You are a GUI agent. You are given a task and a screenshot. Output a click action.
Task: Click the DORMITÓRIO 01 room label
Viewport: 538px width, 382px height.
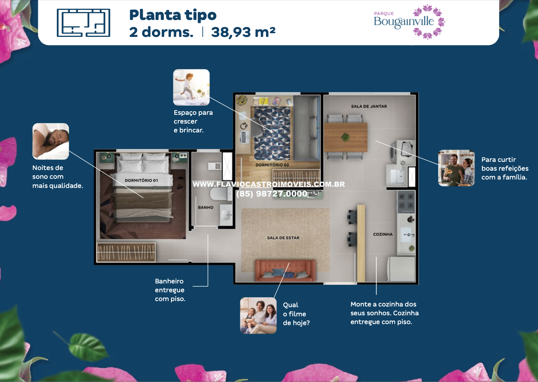(x=141, y=180)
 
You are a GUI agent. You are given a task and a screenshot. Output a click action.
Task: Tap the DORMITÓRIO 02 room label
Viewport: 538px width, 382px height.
(x=272, y=165)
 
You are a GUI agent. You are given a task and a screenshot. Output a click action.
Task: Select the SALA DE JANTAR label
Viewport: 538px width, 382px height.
(x=369, y=106)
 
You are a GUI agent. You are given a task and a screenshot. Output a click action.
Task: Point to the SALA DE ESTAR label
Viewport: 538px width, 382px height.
(x=283, y=238)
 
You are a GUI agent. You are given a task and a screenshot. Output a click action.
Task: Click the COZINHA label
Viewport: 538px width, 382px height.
(x=383, y=234)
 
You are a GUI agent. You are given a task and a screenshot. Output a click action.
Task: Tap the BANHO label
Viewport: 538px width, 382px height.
(x=206, y=207)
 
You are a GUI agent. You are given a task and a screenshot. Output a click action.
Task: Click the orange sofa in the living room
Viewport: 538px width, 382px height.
(x=285, y=271)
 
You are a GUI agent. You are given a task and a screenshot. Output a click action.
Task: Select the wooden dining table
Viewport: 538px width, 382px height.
(x=345, y=137)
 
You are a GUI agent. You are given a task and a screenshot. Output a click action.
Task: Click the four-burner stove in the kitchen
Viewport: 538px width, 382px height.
(x=406, y=202)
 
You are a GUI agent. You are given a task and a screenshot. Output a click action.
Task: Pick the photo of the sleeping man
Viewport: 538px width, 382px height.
(x=51, y=141)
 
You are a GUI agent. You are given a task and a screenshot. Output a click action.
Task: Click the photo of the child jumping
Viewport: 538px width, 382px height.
(x=192, y=87)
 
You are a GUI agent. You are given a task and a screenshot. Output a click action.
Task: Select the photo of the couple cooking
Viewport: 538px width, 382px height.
(x=456, y=168)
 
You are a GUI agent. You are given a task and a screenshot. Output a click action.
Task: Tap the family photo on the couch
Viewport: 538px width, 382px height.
(x=258, y=315)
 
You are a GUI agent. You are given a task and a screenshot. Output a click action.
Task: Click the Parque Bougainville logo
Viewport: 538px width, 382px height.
(x=409, y=22)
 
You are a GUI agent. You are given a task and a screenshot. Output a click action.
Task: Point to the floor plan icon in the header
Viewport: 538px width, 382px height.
(x=83, y=23)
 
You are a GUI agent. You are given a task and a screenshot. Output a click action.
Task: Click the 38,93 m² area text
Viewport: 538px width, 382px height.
(x=243, y=32)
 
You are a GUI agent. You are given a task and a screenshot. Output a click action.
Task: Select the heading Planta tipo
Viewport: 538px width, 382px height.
(x=173, y=15)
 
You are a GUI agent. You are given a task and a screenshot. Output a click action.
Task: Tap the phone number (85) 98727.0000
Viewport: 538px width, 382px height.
(x=272, y=194)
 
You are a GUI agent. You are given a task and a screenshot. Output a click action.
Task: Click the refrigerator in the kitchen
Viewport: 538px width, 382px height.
(x=401, y=269)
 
